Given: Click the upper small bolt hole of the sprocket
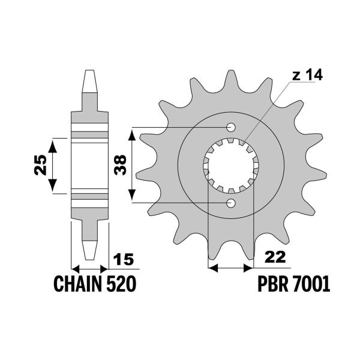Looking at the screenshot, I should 231,128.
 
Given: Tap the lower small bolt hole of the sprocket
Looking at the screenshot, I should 231,203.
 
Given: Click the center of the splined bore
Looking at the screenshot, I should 231,166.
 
